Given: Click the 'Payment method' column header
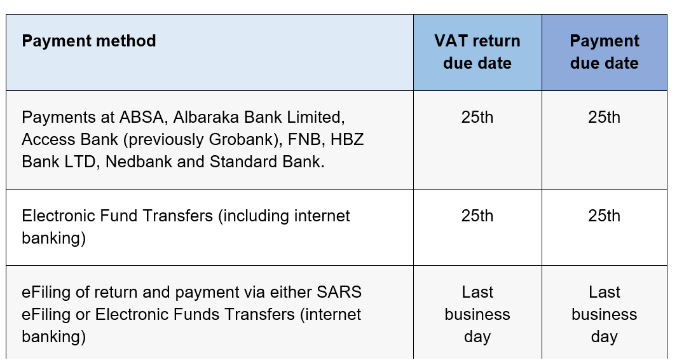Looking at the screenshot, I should [89, 41].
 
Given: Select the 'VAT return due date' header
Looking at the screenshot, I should [477, 52].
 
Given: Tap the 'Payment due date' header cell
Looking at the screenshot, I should [604, 52].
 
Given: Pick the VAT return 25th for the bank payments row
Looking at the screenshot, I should [477, 118].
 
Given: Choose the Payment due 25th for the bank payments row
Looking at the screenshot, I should [604, 118].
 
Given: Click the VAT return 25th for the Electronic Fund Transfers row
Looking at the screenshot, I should [477, 216].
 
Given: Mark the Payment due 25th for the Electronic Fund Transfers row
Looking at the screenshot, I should [604, 216].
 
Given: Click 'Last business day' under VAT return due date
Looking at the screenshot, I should [477, 314].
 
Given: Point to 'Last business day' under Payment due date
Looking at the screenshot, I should [604, 314].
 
